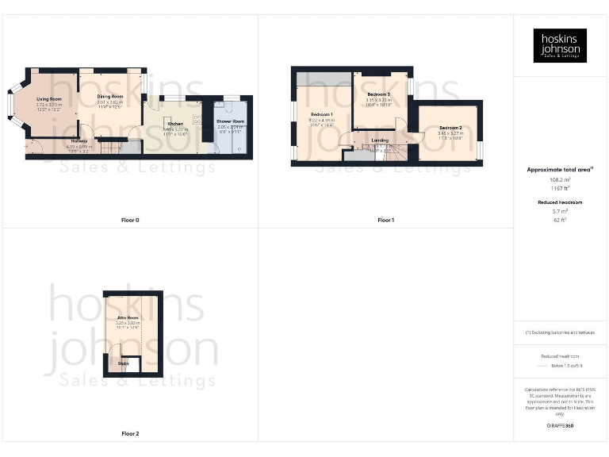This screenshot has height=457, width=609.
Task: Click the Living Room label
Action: click(x=48, y=98)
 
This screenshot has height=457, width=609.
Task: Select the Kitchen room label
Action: click(x=174, y=124)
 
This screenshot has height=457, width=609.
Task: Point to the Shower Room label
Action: click(x=231, y=121)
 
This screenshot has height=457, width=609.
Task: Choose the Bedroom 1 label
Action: click(x=321, y=114)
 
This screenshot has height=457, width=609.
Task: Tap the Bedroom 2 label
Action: click(x=450, y=127)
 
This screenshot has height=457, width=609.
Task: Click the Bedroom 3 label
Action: click(x=378, y=94)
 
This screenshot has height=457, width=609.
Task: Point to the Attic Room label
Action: click(x=128, y=317)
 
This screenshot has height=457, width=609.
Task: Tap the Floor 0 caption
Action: click(x=130, y=220)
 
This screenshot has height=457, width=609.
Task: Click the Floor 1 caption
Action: click(x=385, y=220)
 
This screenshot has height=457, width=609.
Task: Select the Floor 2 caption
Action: click(x=130, y=434)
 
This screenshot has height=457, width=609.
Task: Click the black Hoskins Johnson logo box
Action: click(x=560, y=45)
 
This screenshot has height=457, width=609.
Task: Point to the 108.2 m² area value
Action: click(x=560, y=180)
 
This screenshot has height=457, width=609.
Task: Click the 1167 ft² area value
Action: click(x=560, y=188)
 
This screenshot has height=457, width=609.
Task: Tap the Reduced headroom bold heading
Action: click(x=560, y=203)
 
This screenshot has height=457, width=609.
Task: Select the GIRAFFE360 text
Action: click(x=560, y=426)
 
